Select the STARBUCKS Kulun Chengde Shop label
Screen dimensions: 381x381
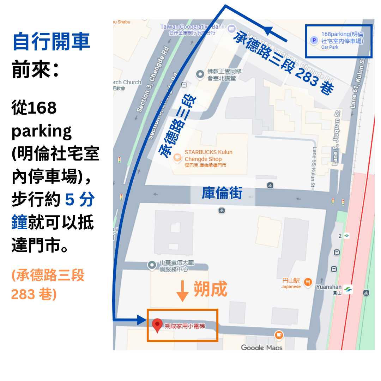click(x=208, y=156)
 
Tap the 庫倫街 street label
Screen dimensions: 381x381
click(x=222, y=193)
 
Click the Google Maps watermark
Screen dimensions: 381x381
click(x=261, y=347)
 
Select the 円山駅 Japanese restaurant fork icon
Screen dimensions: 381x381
click(x=308, y=282)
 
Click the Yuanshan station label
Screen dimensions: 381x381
click(x=329, y=287)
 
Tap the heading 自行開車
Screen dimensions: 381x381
click(x=52, y=42)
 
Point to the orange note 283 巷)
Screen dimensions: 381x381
click(x=34, y=294)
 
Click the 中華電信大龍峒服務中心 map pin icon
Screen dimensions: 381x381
click(x=152, y=265)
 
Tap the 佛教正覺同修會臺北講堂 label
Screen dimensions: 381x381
click(x=224, y=74)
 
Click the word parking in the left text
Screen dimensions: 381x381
click(x=42, y=131)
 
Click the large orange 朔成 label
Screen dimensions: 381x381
click(x=210, y=290)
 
